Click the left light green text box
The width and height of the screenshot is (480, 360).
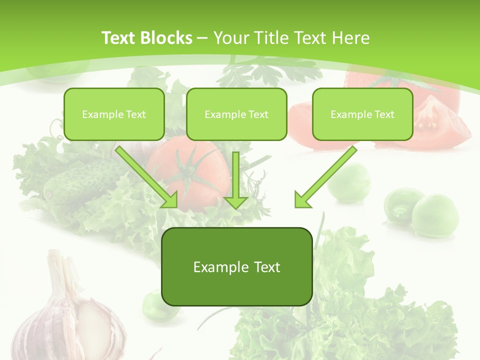tap(114, 114)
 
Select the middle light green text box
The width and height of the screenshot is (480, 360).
tap(236, 114)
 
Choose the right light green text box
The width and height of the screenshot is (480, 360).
tap(362, 114)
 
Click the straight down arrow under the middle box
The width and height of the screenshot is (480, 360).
tap(236, 180)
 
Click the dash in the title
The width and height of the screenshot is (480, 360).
tap(203, 38)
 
